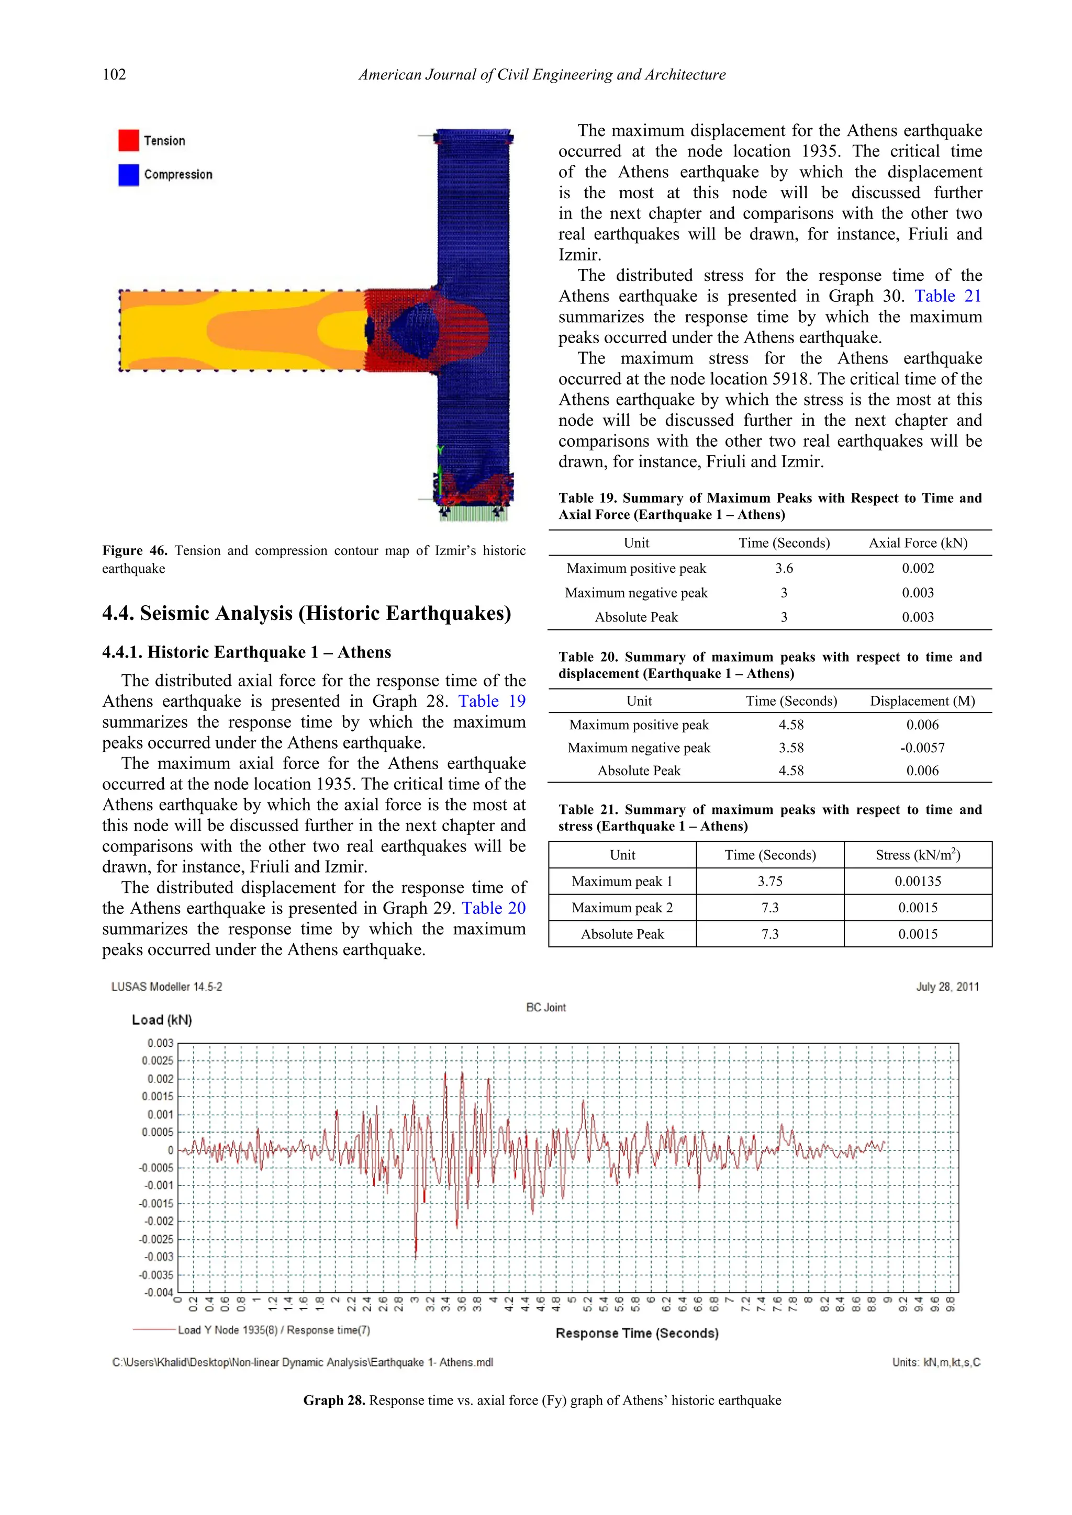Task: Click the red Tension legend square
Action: [x=128, y=140]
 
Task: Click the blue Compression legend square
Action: [x=128, y=174]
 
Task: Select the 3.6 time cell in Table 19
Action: [x=784, y=568]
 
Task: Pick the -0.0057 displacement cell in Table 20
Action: [x=922, y=748]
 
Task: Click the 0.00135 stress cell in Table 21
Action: [x=918, y=881]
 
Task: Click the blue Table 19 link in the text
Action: [x=492, y=702]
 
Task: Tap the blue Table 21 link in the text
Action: [x=947, y=296]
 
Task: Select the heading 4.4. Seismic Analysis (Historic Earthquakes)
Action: [x=306, y=613]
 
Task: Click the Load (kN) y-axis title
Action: [x=162, y=1020]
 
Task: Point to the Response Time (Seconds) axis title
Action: [x=637, y=1333]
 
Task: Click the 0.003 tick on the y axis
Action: [x=160, y=1043]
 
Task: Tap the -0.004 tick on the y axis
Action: [x=159, y=1293]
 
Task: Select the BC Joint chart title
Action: [x=546, y=1008]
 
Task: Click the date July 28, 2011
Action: [x=947, y=987]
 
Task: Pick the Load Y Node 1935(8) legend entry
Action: [x=273, y=1330]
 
